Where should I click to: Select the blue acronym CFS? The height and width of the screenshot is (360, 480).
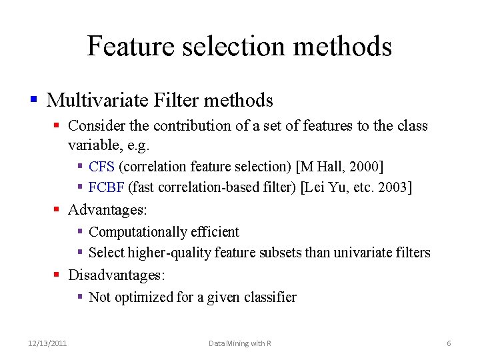click(101, 167)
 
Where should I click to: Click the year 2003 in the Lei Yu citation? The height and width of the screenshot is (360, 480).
click(391, 187)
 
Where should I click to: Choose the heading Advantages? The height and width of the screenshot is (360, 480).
click(107, 210)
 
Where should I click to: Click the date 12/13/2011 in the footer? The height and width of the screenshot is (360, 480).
click(47, 343)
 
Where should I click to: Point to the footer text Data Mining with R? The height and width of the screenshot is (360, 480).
click(239, 343)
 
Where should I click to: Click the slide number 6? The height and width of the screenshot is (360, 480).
click(449, 343)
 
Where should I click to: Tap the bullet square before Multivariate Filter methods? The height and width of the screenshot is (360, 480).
click(33, 101)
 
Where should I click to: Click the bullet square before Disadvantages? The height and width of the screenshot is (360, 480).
click(57, 275)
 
